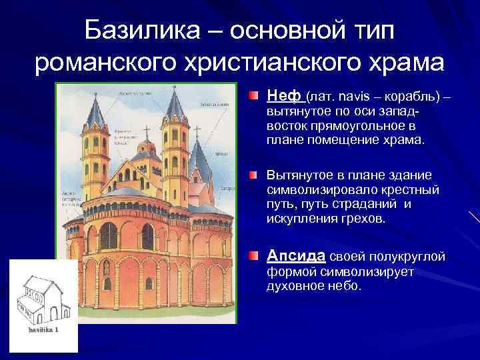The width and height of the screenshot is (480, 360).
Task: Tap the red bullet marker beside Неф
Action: pos(257,97)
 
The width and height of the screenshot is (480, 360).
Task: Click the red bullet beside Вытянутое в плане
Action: pos(257,175)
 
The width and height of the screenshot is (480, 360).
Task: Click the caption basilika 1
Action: pos(43,329)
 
